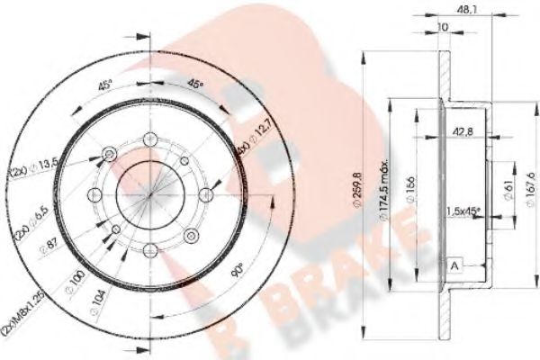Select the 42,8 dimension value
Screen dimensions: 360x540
463,131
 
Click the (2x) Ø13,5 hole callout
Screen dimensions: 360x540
42,165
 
